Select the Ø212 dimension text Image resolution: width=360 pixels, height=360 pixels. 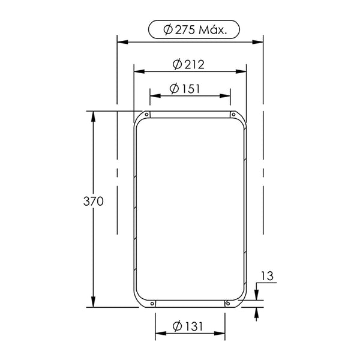188,65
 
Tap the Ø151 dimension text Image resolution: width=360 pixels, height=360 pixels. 185,89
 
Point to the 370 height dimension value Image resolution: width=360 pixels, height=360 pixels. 93,202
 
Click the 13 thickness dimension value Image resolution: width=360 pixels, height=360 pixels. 267,276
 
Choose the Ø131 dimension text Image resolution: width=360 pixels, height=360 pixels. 188,326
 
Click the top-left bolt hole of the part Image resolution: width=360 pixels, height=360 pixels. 146,115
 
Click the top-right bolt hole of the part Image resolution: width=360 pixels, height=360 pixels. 233,115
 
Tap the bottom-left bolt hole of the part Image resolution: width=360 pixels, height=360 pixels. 152,304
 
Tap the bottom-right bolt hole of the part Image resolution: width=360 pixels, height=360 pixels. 228,304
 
